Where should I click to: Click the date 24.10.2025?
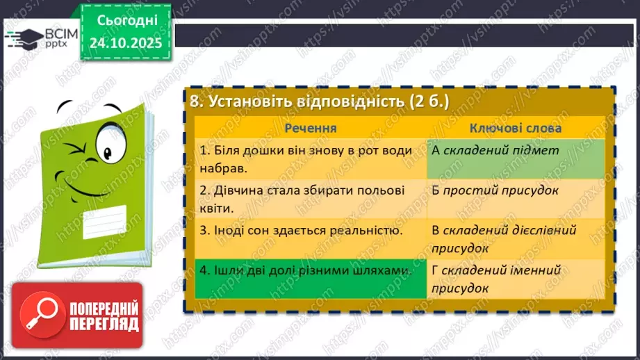click(x=126, y=42)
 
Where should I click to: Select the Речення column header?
click(x=311, y=128)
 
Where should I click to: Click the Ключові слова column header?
click(x=516, y=128)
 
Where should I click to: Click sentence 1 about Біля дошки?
click(x=311, y=158)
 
